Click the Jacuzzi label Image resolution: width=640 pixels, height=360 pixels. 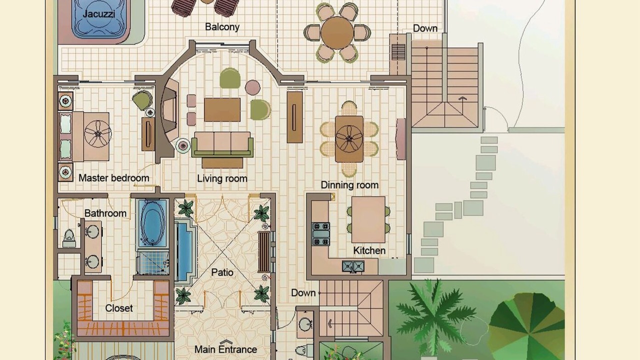click(99, 14)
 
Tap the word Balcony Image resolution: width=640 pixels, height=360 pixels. click(222, 27)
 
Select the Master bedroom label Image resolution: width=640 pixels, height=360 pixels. click(113, 178)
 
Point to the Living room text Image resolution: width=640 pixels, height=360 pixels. click(222, 178)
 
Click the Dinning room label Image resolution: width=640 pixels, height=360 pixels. click(349, 185)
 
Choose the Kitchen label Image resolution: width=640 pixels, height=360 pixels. click(369, 250)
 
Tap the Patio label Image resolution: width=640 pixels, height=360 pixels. click(222, 272)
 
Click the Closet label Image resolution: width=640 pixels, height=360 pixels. click(119, 308)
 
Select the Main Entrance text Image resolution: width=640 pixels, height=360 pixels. click(225, 349)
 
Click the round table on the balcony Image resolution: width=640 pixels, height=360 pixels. click(337, 32)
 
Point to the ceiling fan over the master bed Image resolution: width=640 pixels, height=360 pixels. click(97, 133)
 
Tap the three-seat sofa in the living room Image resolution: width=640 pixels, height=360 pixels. click(222, 144)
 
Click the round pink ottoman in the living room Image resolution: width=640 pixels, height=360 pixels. click(252, 87)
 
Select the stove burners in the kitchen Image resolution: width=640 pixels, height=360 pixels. click(321, 234)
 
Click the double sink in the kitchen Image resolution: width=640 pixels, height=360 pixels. click(353, 266)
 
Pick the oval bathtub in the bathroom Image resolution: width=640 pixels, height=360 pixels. click(153, 223)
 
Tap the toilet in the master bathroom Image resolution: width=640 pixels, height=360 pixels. click(69, 238)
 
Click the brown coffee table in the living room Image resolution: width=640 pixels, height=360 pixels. click(222, 109)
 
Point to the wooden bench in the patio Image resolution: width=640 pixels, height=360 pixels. click(264, 251)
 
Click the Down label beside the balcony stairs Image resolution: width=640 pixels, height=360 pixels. click(425, 28)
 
